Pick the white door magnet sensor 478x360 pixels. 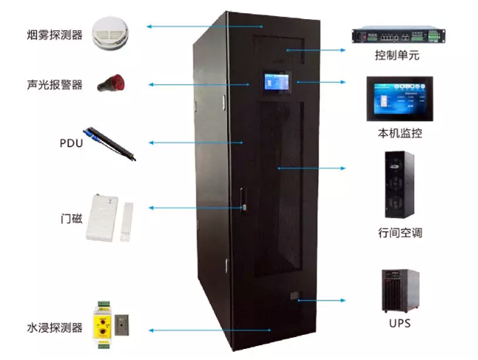tap(108, 217)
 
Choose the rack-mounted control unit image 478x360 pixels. tap(396, 35)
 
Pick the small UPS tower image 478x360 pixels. tap(398, 290)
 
